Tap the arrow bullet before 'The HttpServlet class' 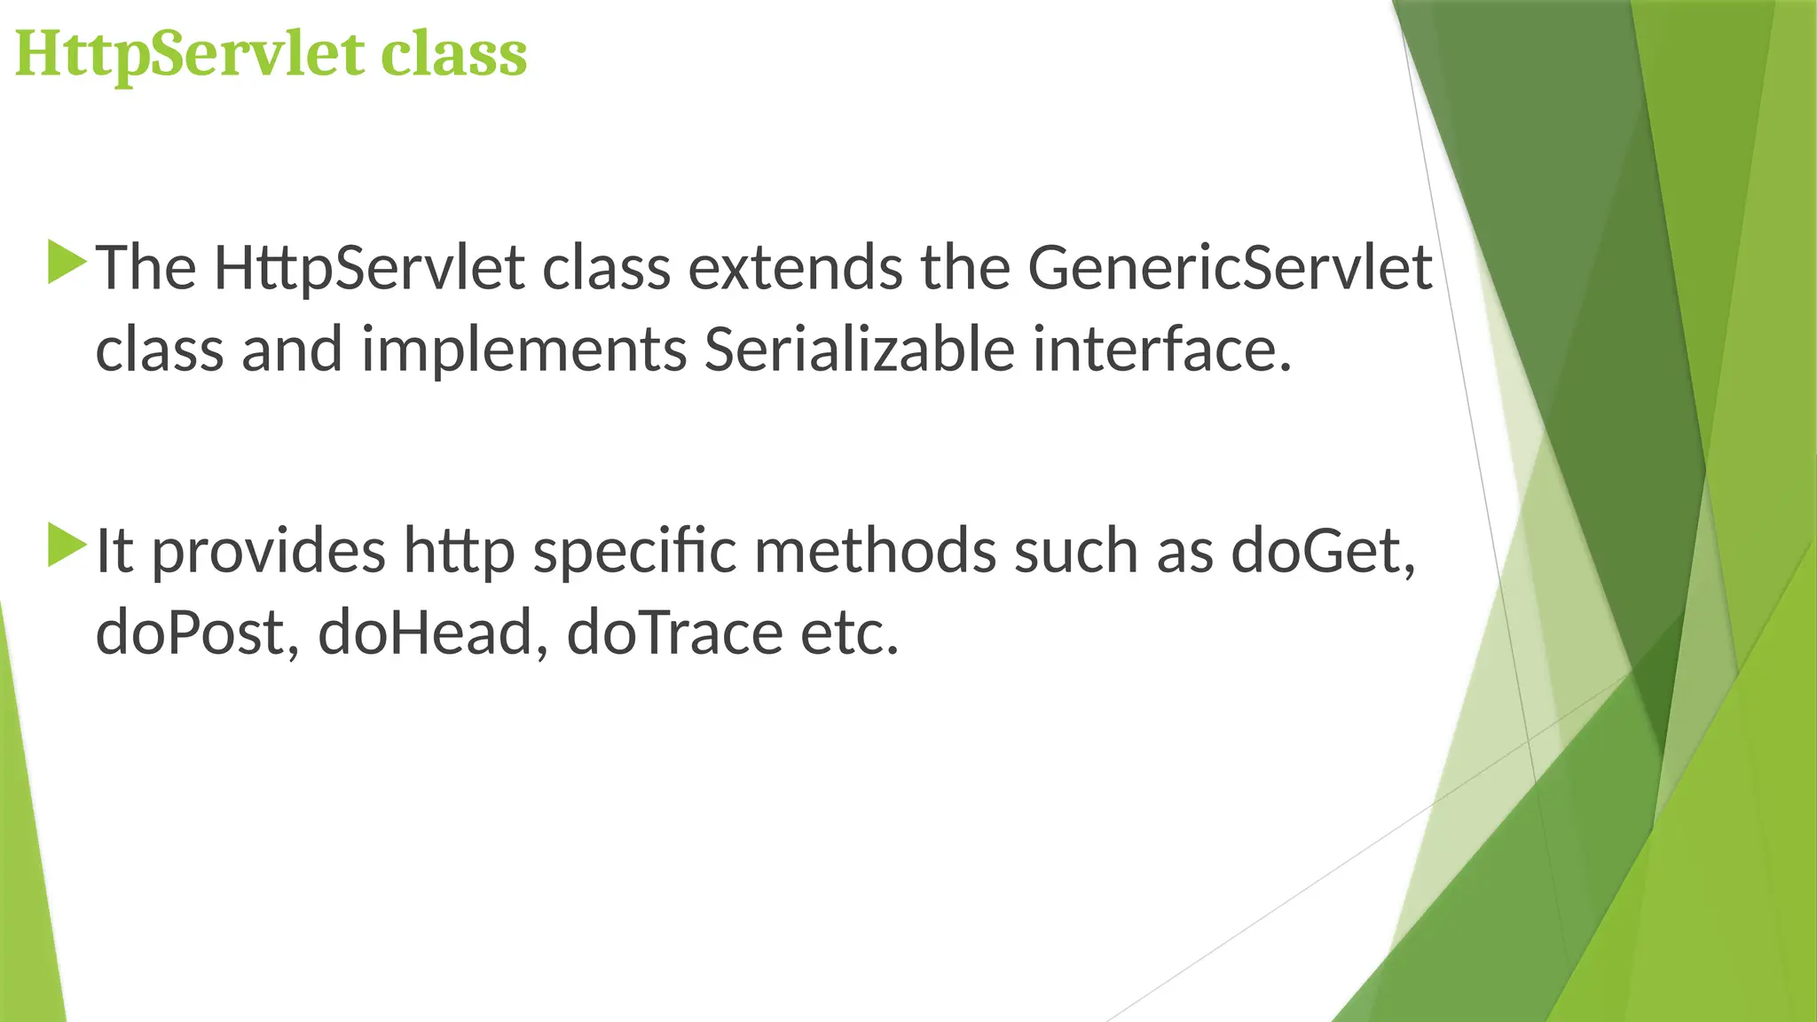tap(67, 263)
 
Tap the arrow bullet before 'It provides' tap(67, 545)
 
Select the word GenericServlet tap(1230, 268)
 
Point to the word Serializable tap(859, 350)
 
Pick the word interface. tap(1161, 350)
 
